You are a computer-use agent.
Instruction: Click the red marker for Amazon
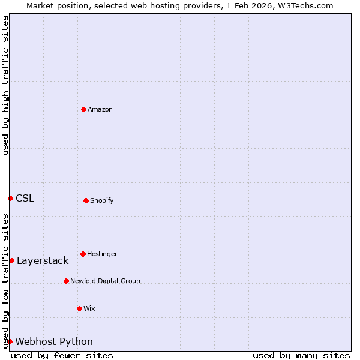83,109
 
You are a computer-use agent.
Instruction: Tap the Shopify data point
86,200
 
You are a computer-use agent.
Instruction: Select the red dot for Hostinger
83,254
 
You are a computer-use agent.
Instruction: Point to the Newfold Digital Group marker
66,281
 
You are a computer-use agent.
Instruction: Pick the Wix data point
79,308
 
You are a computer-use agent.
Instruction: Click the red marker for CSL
10,198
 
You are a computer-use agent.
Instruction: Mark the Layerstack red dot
11,260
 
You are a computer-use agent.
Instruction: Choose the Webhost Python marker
10,341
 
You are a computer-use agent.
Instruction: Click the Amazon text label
100,109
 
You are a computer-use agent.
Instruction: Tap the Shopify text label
102,200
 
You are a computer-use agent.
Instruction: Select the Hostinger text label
102,254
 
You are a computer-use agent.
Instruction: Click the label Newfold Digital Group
105,281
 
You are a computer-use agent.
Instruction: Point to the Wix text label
89,308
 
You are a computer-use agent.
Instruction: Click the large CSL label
25,198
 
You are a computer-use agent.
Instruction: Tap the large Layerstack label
43,260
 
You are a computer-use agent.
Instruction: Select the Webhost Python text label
54,341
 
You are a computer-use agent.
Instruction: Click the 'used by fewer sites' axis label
62,355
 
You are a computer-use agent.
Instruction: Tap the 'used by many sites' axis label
301,355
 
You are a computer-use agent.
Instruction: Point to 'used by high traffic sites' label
5,85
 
